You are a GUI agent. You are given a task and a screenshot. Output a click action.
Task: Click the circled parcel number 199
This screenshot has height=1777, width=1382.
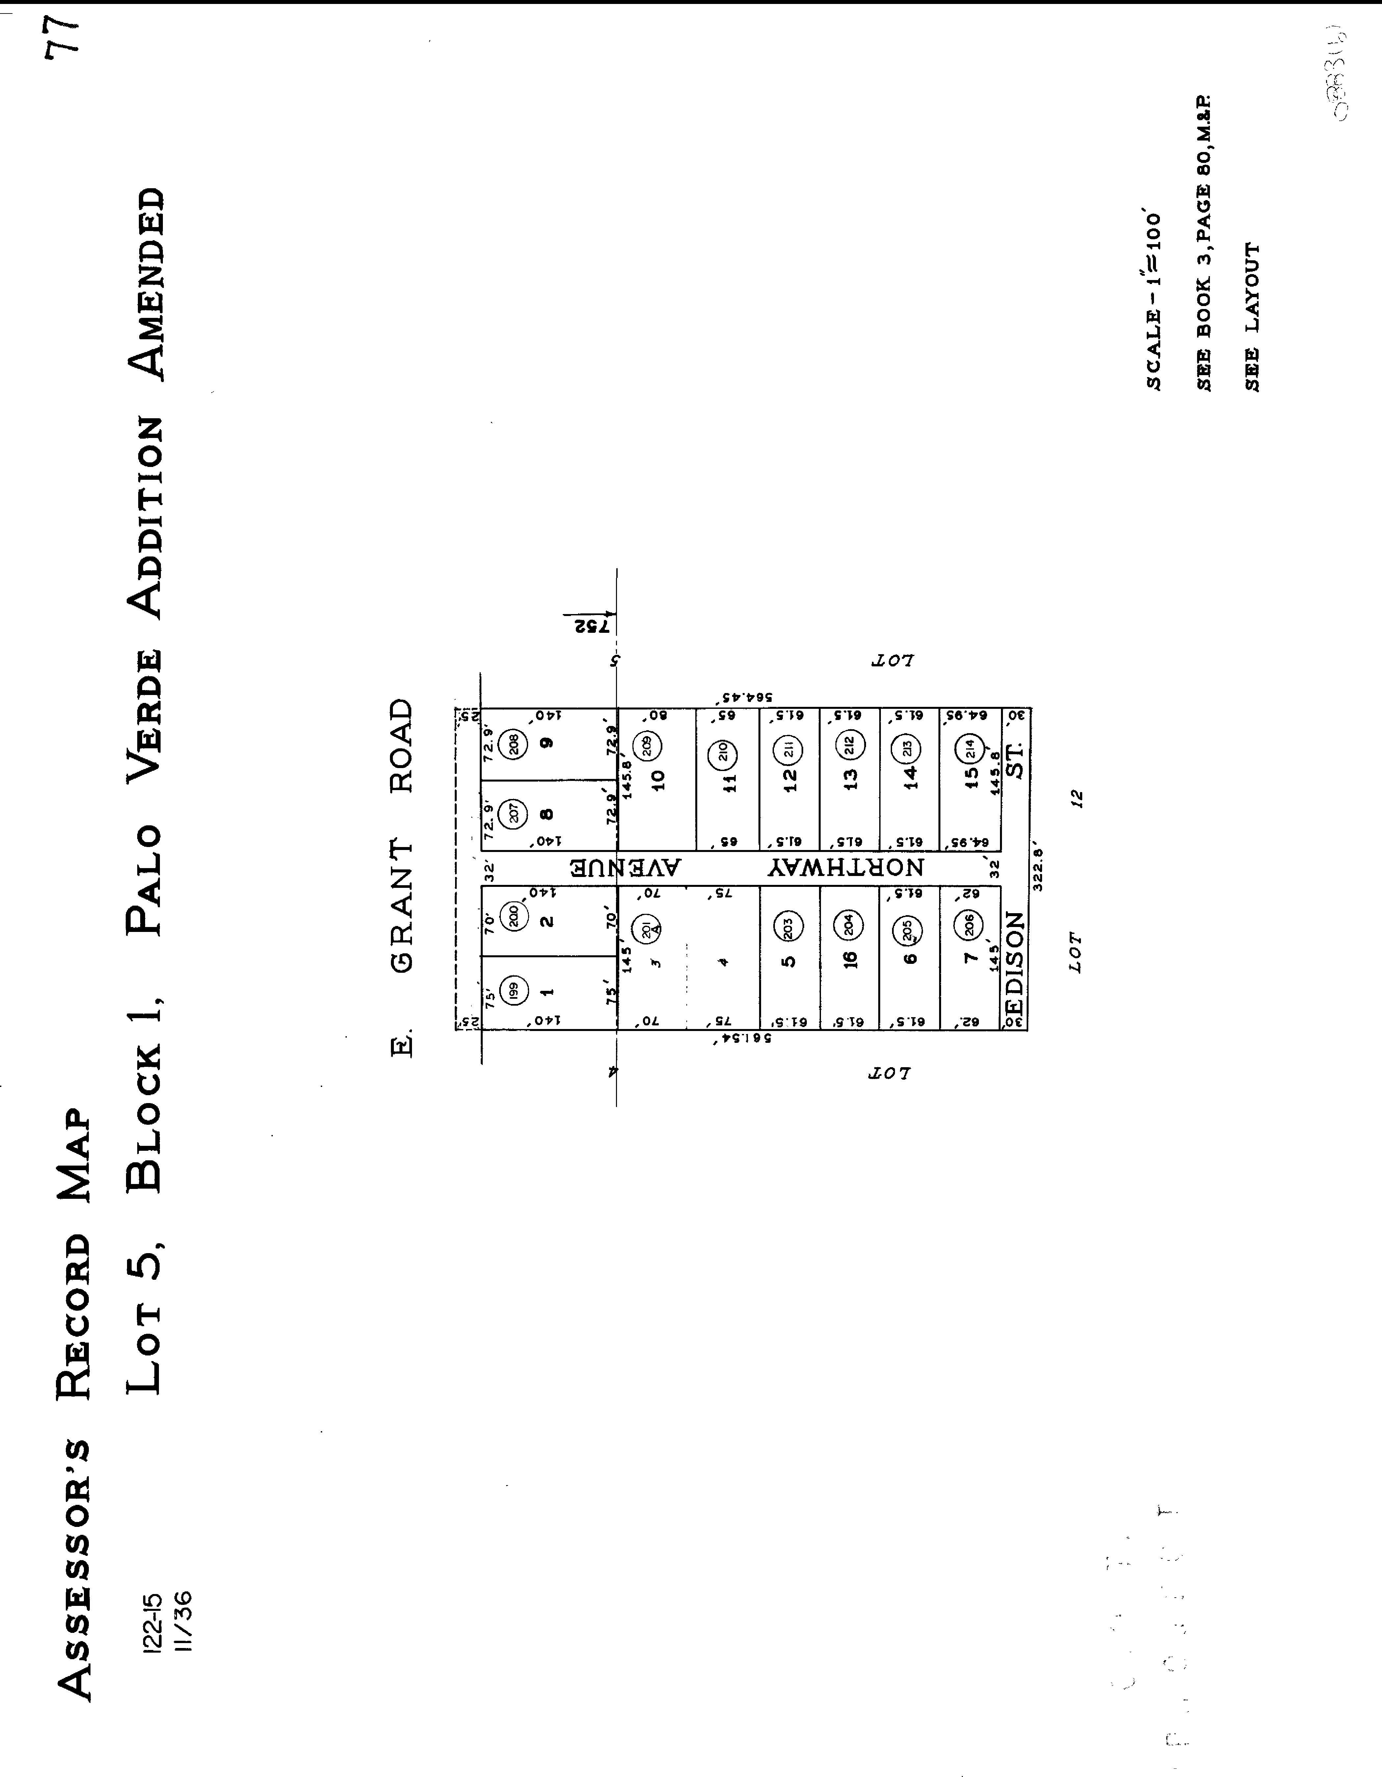coord(513,990)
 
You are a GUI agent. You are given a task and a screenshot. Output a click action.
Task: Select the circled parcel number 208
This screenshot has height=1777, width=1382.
coord(513,745)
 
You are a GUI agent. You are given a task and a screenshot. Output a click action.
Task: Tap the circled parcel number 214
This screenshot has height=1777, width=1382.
coord(970,748)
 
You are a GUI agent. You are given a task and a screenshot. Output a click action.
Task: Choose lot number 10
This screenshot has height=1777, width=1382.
coord(658,780)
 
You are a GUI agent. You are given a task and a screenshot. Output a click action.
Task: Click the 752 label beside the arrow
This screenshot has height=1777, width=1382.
coord(591,627)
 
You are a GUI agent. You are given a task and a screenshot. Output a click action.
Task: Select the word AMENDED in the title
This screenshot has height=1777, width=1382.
coord(146,285)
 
